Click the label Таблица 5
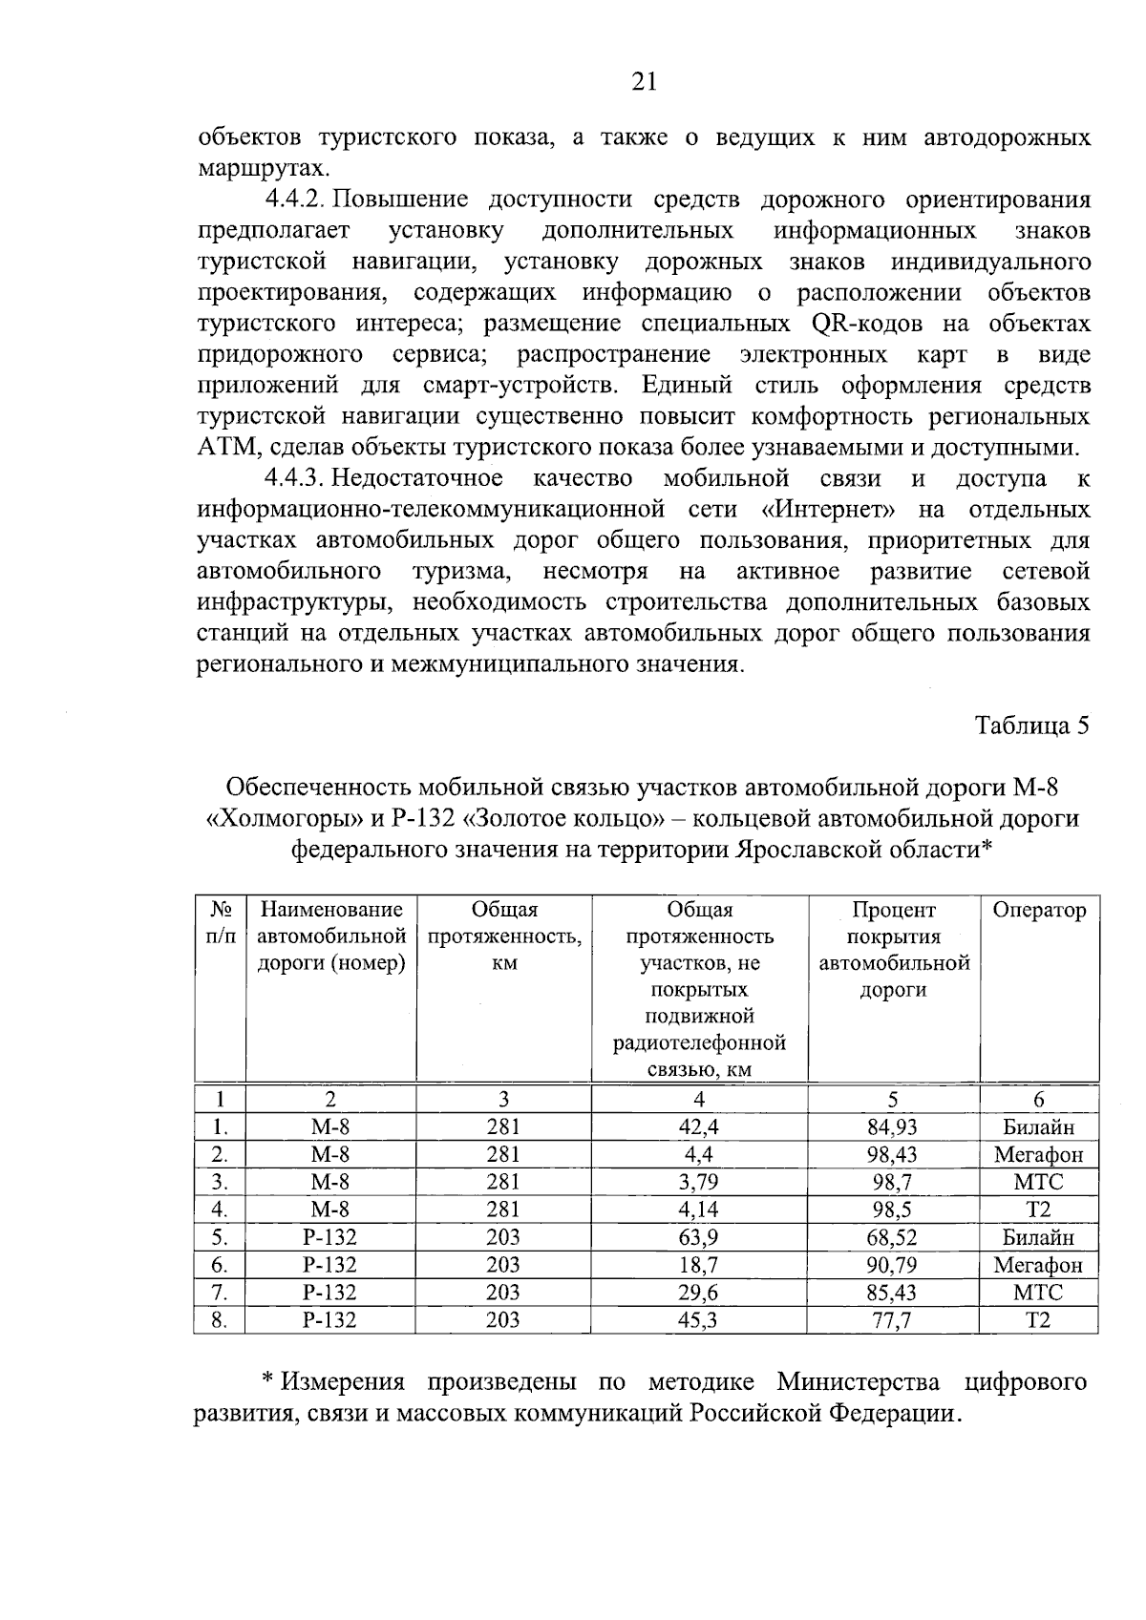[x=1031, y=726]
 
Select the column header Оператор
[x=1039, y=910]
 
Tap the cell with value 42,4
[x=698, y=1127]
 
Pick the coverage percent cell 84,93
[x=892, y=1127]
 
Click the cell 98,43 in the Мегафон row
[x=892, y=1155]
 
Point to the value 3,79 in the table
[x=698, y=1183]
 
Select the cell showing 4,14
[x=698, y=1210]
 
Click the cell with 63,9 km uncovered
[x=698, y=1238]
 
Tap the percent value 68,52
[x=892, y=1238]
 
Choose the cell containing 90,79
[x=892, y=1266]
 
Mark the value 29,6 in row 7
[x=698, y=1293]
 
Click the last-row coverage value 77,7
[x=892, y=1320]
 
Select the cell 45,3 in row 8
[x=698, y=1320]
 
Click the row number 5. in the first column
[x=220, y=1238]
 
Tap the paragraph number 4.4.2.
[x=295, y=200]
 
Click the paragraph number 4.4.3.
[x=295, y=478]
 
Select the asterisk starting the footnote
[x=269, y=1380]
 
